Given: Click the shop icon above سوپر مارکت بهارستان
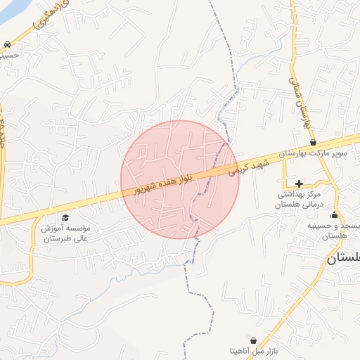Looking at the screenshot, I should (x=313, y=142).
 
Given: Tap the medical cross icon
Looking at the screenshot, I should (x=299, y=183).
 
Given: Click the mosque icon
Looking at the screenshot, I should (x=334, y=215).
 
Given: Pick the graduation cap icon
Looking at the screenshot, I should (x=65, y=218).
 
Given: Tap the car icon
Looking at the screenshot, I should (x=7, y=44).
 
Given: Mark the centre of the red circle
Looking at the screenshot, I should (x=180, y=179).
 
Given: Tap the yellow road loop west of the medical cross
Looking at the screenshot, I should (x=284, y=175).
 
